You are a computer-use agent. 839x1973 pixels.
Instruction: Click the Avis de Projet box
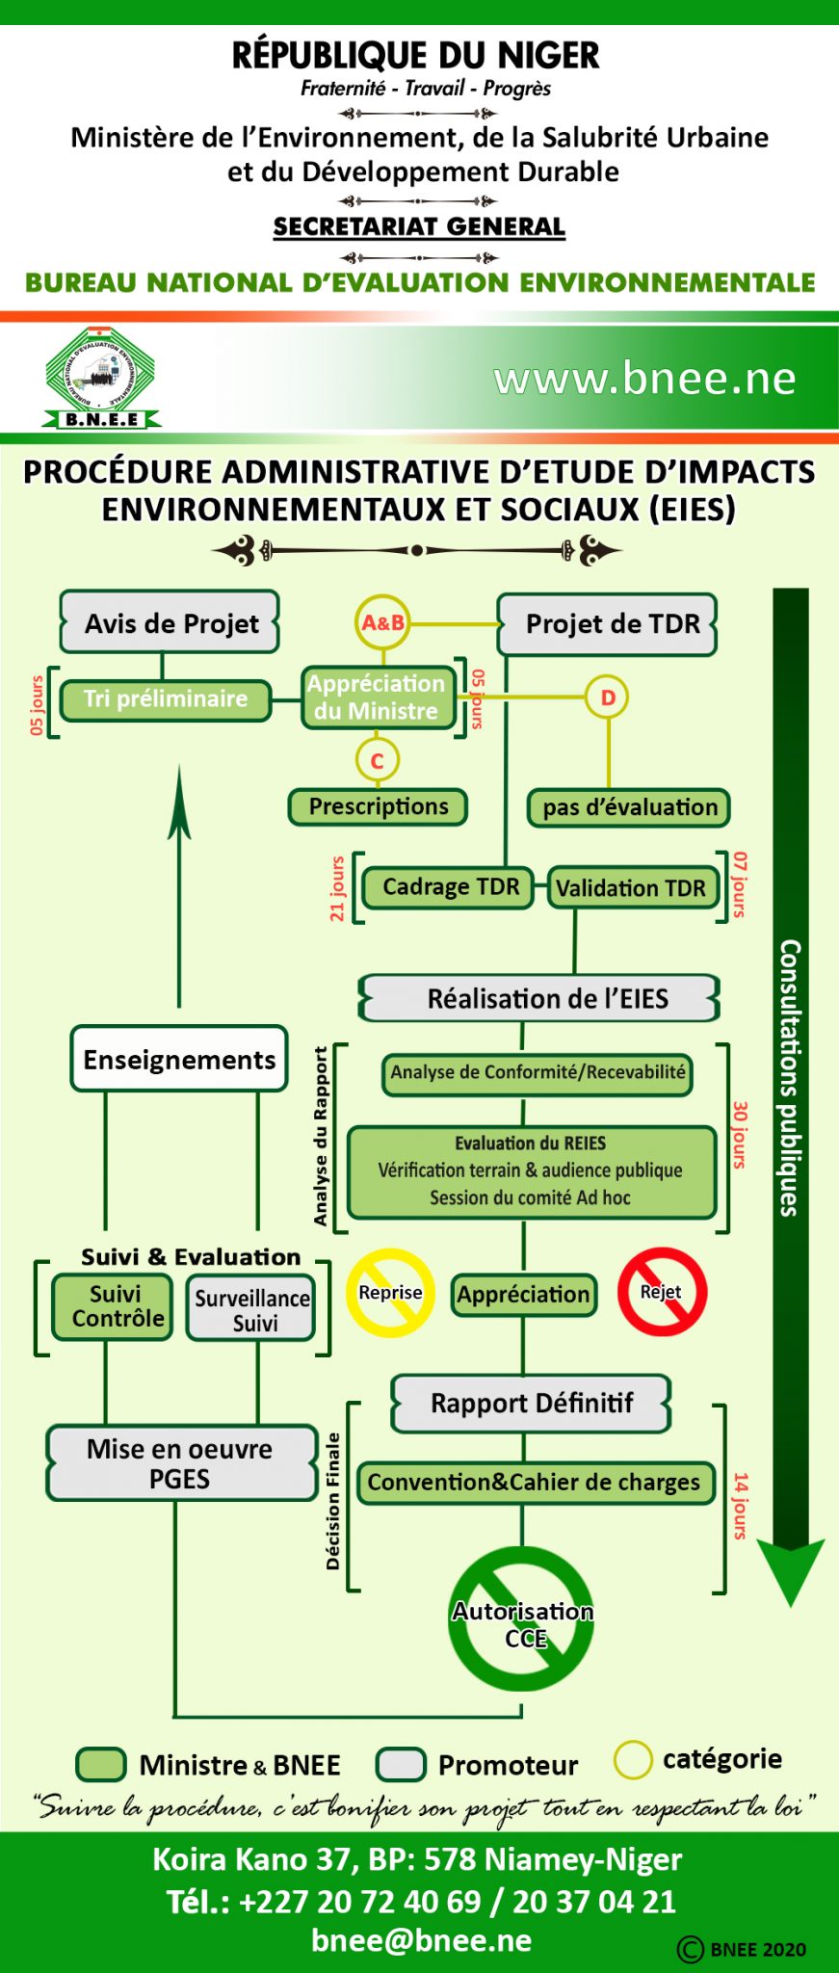tap(170, 623)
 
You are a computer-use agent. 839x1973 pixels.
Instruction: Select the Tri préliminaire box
tap(165, 698)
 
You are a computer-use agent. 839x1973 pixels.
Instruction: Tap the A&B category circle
tap(382, 623)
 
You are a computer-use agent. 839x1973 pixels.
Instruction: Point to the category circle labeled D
tap(607, 697)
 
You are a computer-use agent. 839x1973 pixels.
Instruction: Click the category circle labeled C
tap(377, 760)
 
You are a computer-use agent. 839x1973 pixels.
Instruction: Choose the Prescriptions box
tap(378, 806)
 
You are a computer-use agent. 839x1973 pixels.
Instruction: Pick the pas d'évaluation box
tap(629, 807)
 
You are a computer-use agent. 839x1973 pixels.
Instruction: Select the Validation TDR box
tap(632, 888)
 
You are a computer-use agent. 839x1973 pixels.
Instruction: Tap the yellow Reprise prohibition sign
tap(390, 1293)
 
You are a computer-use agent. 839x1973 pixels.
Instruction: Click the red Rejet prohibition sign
tap(662, 1292)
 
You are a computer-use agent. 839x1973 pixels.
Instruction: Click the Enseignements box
tap(179, 1059)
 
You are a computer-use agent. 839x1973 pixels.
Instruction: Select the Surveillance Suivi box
tap(252, 1309)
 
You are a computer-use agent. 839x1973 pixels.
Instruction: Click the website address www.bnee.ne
tap(644, 379)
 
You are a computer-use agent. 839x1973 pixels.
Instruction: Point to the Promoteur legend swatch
tap(401, 1765)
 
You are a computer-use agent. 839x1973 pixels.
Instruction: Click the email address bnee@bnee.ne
tap(421, 1940)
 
